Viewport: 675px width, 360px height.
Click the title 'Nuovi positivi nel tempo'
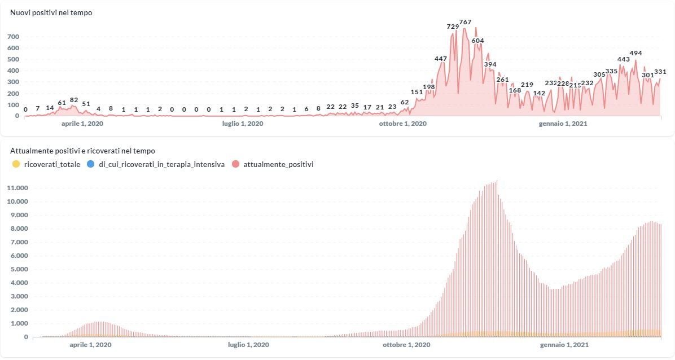click(x=51, y=12)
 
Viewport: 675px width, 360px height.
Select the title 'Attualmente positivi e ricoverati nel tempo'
click(x=82, y=151)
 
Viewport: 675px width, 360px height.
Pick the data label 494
click(x=635, y=53)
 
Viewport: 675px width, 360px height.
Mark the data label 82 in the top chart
click(x=74, y=100)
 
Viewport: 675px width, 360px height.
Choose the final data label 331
click(x=660, y=72)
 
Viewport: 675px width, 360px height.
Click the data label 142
click(x=539, y=93)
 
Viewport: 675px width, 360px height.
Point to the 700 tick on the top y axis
click(x=14, y=37)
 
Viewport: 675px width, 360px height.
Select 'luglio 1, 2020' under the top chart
click(x=243, y=124)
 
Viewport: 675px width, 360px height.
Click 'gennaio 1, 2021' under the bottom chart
click(x=564, y=344)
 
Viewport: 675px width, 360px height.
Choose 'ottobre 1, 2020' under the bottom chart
click(x=406, y=344)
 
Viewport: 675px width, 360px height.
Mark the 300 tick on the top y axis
click(x=14, y=82)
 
